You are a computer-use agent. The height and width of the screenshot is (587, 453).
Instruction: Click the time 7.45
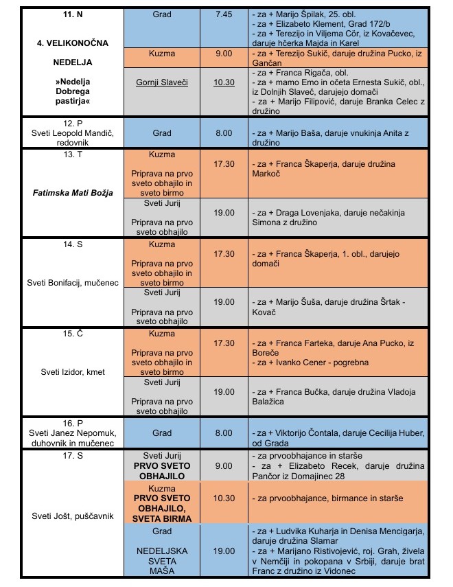point(224,14)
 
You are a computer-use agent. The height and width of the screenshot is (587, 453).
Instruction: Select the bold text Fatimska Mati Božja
point(73,192)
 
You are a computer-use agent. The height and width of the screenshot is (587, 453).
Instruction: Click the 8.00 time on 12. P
point(224,133)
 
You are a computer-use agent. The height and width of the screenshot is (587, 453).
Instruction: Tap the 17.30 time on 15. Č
point(224,343)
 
